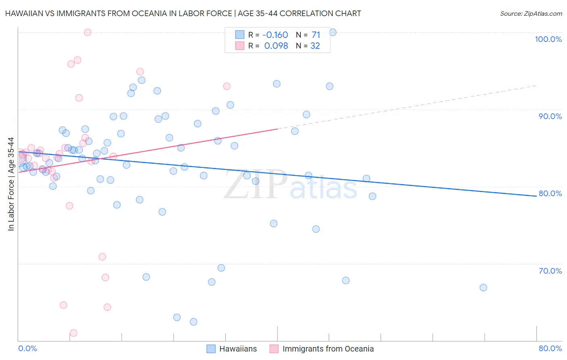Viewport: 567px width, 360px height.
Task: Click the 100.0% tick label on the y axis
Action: click(x=548, y=39)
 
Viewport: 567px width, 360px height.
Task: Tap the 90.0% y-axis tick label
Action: click(x=550, y=116)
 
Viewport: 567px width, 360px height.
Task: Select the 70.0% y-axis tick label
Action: click(x=550, y=271)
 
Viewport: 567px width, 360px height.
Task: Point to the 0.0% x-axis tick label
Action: click(x=27, y=348)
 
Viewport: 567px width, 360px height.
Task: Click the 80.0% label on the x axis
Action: click(x=550, y=348)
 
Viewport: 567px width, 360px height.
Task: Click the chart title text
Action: click(x=183, y=13)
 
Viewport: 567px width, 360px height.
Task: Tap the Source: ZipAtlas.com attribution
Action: click(x=531, y=13)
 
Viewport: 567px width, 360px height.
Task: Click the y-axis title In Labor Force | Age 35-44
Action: click(x=11, y=184)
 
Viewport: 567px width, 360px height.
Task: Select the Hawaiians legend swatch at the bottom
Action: click(x=211, y=349)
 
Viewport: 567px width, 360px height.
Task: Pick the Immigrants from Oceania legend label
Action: click(x=328, y=349)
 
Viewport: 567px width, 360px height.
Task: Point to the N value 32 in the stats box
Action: click(x=315, y=46)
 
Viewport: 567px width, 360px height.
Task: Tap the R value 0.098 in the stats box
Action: click(x=276, y=46)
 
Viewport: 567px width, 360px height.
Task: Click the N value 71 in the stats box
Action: click(x=316, y=35)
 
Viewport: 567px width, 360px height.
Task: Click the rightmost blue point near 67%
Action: click(x=483, y=287)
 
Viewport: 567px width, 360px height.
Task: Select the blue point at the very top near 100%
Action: click(x=333, y=32)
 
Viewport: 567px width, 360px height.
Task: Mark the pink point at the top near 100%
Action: click(x=88, y=32)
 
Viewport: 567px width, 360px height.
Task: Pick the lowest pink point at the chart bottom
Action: click(x=73, y=333)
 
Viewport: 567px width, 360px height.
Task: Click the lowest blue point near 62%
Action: click(x=194, y=322)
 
